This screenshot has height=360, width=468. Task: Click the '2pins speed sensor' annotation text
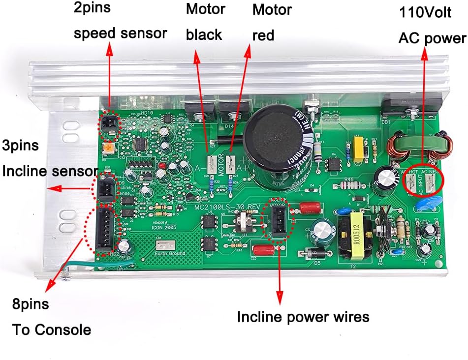coord(120,21)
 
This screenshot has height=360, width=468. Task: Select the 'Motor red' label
coord(271,22)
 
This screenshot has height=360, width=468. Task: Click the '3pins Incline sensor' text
coord(49,158)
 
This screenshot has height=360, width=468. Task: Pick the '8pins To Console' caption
coord(52,317)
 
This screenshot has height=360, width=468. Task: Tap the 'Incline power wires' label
coord(303,317)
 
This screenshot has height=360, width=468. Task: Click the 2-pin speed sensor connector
coord(109,123)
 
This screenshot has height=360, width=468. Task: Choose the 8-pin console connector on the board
coord(104,230)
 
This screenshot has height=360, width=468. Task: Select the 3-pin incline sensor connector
coord(104,189)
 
